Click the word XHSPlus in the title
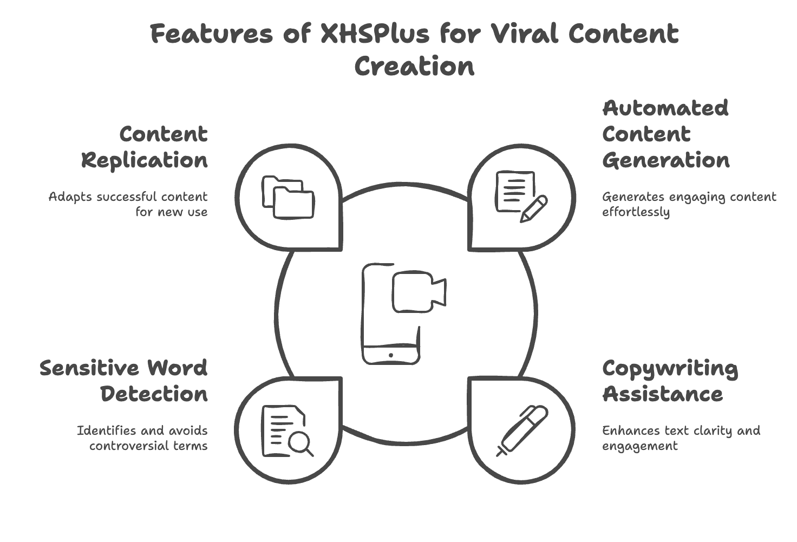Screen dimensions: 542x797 point(374,34)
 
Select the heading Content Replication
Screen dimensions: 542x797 point(145,147)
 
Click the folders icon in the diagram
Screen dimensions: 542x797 point(288,197)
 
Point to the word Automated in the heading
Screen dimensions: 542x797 point(665,108)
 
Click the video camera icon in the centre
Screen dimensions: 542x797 point(419,293)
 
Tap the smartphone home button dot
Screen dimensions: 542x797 point(391,355)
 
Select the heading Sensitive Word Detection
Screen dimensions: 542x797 point(123,381)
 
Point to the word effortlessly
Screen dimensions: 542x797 point(636,212)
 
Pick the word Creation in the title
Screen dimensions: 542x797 point(414,67)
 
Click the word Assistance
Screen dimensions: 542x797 point(662,394)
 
